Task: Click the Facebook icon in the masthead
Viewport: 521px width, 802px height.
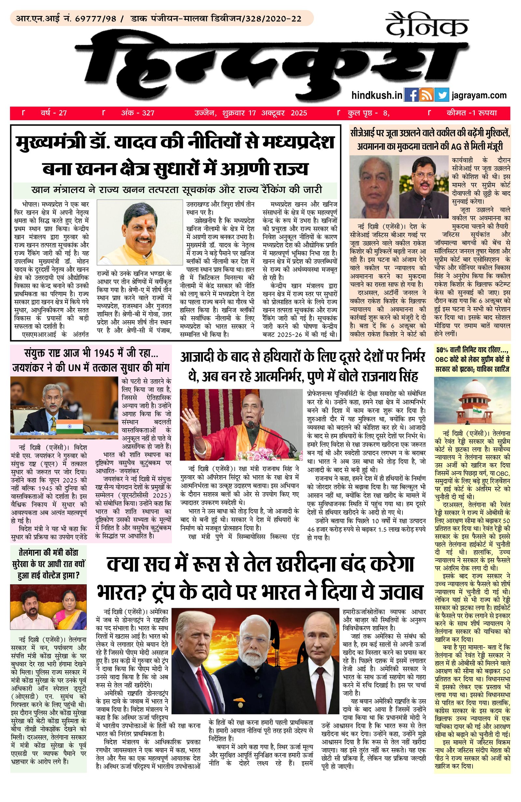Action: coord(411,95)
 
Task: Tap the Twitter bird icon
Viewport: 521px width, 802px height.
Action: coord(442,95)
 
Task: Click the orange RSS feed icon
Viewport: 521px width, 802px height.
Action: coord(426,95)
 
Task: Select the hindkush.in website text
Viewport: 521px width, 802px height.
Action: coord(376,95)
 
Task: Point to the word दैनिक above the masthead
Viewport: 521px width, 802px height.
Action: coord(427,26)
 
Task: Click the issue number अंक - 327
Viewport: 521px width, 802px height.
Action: coord(137,113)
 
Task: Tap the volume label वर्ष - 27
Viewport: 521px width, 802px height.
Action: coord(54,113)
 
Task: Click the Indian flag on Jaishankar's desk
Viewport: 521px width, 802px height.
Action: coord(69,426)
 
